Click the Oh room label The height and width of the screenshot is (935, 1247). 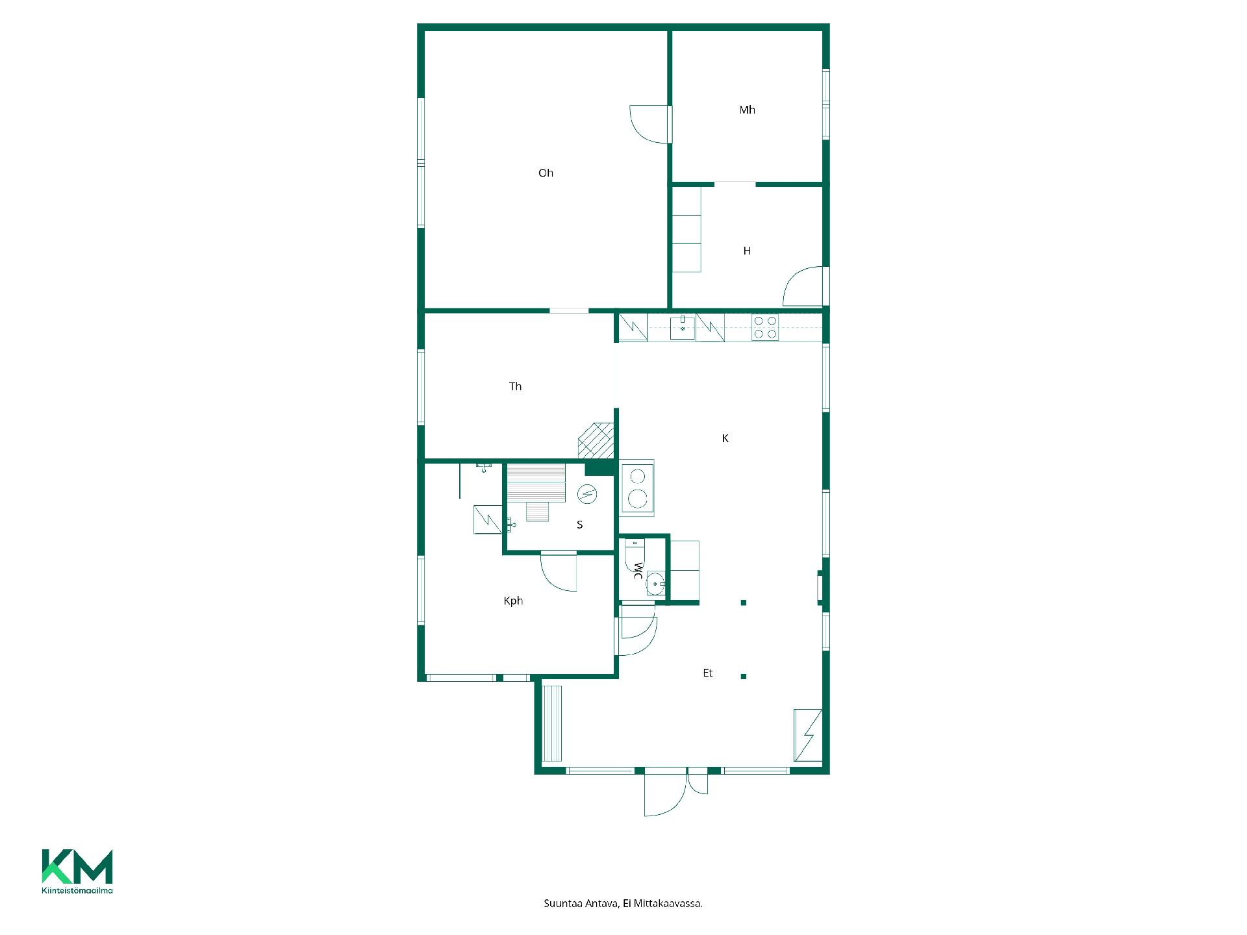tap(546, 173)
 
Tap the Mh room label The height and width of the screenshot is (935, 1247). tap(747, 110)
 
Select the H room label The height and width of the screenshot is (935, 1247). tap(747, 251)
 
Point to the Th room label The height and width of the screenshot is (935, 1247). tap(515, 386)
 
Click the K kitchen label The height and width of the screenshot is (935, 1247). tap(725, 438)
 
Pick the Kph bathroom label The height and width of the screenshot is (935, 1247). tap(513, 601)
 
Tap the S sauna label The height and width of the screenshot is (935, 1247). tap(580, 525)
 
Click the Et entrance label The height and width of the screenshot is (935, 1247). tap(708, 673)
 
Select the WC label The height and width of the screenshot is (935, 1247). tap(638, 571)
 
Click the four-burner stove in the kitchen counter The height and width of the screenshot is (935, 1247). tap(765, 327)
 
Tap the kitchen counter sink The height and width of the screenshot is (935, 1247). tap(683, 328)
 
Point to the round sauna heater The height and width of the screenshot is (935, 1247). tap(587, 494)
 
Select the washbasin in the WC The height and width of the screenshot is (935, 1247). tap(655, 584)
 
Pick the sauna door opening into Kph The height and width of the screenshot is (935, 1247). tap(559, 571)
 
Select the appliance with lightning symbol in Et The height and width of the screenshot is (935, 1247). tap(808, 735)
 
